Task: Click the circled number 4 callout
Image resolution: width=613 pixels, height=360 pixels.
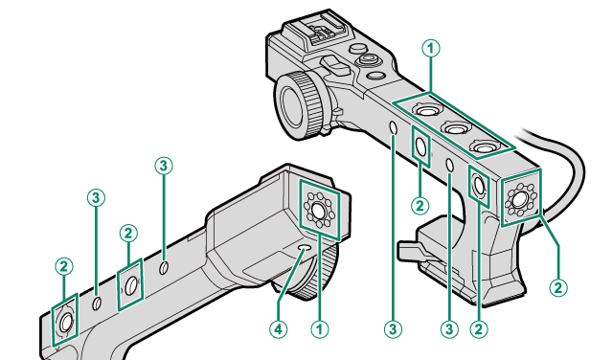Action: pyautogui.click(x=278, y=329)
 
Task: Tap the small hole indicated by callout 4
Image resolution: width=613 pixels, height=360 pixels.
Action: pyautogui.click(x=305, y=248)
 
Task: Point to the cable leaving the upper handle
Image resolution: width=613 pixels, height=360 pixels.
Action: pyautogui.click(x=563, y=164)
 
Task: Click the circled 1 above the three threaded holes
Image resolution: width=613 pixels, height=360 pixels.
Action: pyautogui.click(x=431, y=49)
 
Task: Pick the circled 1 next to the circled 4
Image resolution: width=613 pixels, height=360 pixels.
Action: pyautogui.click(x=320, y=329)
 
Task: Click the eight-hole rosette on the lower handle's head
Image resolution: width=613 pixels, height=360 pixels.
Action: pyautogui.click(x=319, y=210)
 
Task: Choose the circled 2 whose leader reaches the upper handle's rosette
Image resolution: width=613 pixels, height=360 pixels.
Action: pyautogui.click(x=558, y=287)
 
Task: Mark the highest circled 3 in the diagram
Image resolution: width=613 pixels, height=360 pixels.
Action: pyautogui.click(x=164, y=166)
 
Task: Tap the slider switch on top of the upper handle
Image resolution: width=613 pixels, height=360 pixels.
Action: pyautogui.click(x=333, y=64)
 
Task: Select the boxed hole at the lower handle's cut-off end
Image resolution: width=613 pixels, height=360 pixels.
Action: pyautogui.click(x=66, y=322)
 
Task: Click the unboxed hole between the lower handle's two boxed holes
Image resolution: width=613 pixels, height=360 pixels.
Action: pyautogui.click(x=97, y=303)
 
